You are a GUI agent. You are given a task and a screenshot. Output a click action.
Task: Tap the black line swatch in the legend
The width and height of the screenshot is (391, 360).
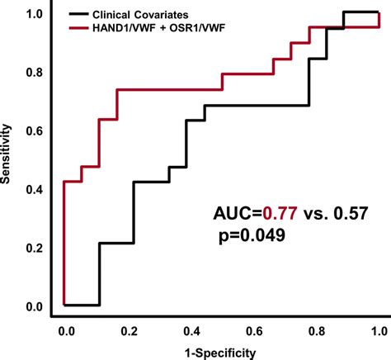81,14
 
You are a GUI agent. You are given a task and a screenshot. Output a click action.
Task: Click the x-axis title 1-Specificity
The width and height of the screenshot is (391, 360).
222,351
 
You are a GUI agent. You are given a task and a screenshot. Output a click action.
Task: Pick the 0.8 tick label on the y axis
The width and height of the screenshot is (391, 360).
35,73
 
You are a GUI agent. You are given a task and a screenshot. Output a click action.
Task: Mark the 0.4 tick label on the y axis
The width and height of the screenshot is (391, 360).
35,190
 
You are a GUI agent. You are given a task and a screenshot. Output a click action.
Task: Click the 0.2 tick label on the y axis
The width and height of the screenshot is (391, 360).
35,249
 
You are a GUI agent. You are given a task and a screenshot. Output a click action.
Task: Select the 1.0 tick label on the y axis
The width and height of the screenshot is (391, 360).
35,14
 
